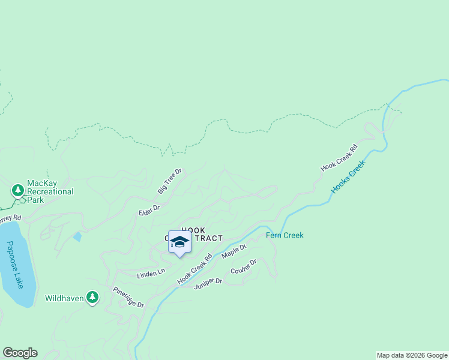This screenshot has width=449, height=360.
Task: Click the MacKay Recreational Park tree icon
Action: [18, 191]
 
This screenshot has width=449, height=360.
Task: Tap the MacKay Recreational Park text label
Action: [50, 192]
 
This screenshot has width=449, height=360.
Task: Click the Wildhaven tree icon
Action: [92, 297]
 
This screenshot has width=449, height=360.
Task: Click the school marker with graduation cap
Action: [179, 242]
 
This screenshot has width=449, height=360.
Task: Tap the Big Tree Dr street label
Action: [170, 181]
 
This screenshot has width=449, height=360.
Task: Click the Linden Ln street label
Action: [151, 273]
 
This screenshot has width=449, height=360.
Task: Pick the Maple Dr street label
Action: [234, 251]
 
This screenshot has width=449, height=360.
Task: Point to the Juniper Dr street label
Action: [208, 283]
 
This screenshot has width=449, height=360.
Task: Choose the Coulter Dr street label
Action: [243, 268]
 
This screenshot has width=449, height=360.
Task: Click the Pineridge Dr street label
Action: [128, 297]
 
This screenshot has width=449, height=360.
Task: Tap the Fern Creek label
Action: [285, 235]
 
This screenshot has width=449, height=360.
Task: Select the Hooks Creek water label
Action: [348, 176]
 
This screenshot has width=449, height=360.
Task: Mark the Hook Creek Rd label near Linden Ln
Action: [195, 269]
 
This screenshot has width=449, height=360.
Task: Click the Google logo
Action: [20, 353]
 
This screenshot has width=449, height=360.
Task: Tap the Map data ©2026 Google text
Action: [412, 355]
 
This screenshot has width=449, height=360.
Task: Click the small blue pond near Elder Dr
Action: [77, 236]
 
